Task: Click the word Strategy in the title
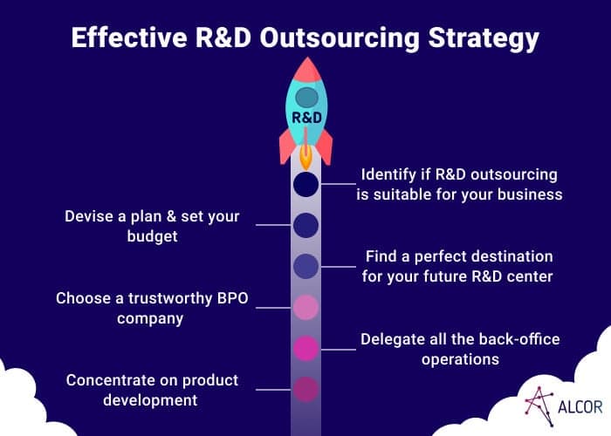pyautogui.click(x=484, y=39)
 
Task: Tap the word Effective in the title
pyautogui.click(x=129, y=37)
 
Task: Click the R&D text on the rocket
pyautogui.click(x=307, y=117)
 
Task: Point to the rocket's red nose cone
pyautogui.click(x=307, y=70)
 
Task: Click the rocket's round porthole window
pyautogui.click(x=307, y=98)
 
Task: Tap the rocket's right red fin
pyautogui.click(x=325, y=146)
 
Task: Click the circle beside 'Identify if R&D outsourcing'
pyautogui.click(x=305, y=184)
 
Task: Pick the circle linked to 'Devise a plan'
pyautogui.click(x=305, y=225)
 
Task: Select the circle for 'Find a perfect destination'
pyautogui.click(x=305, y=266)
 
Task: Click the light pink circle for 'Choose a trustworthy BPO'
pyautogui.click(x=305, y=308)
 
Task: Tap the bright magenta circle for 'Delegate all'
pyautogui.click(x=305, y=349)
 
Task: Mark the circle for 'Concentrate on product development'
pyautogui.click(x=305, y=389)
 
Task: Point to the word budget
pyautogui.click(x=153, y=236)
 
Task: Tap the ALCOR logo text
pyautogui.click(x=580, y=407)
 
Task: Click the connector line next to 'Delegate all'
pyautogui.click(x=339, y=349)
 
